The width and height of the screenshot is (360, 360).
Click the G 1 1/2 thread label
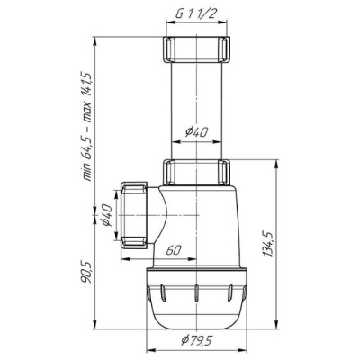pyautogui.click(x=196, y=14)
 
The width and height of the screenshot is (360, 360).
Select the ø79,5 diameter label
pyautogui.click(x=197, y=340)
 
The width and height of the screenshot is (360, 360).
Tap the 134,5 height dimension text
pyautogui.click(x=268, y=244)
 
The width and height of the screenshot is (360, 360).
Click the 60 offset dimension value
pyautogui.click(x=174, y=250)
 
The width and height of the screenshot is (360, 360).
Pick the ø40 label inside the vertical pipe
pyautogui.click(x=196, y=132)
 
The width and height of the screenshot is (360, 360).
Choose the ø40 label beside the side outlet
pyautogui.click(x=107, y=214)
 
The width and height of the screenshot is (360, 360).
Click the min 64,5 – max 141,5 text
pyautogui.click(x=87, y=127)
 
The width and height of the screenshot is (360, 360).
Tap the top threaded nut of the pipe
pyautogui.click(x=196, y=49)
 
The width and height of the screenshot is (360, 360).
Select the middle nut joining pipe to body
pyautogui.click(x=196, y=173)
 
